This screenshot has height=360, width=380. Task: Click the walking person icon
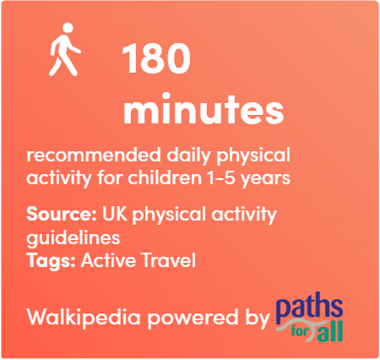tap(65, 50)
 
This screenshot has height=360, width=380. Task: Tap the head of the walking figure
tap(68, 28)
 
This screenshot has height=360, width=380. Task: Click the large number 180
tap(156, 58)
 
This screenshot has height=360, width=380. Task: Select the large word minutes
tap(204, 109)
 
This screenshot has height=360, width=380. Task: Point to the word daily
tap(188, 155)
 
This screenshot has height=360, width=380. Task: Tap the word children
tap(165, 177)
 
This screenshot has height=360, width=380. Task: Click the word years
tap(266, 179)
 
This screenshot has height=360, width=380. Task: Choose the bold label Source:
tap(62, 214)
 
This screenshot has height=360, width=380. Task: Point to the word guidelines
tap(73, 238)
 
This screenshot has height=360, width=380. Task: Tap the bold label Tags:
tap(51, 260)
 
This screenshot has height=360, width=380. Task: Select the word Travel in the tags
tap(168, 260)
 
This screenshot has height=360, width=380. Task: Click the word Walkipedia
tap(84, 318)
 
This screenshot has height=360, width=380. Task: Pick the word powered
tap(193, 319)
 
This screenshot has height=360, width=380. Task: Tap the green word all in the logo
tap(331, 332)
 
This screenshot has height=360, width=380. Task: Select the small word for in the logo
tap(300, 331)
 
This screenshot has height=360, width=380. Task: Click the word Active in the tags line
tap(108, 260)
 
